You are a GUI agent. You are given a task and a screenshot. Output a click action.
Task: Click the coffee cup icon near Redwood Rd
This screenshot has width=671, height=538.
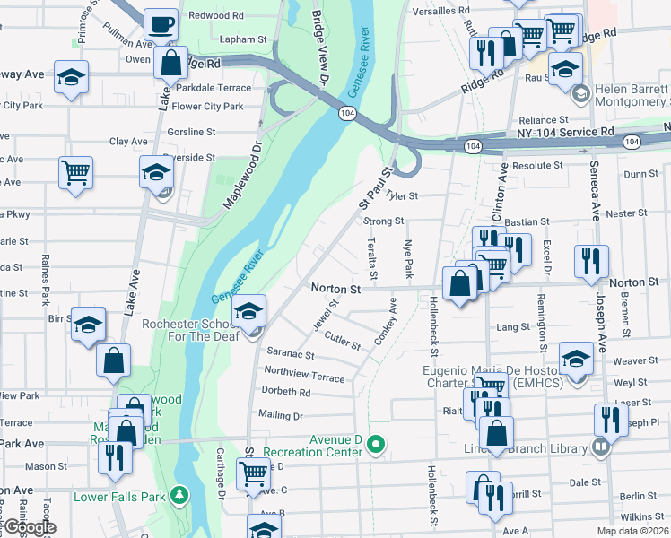pyautogui.click(x=160, y=25)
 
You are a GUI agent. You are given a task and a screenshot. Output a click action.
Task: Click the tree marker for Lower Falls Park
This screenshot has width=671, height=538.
pyautogui.click(x=180, y=494)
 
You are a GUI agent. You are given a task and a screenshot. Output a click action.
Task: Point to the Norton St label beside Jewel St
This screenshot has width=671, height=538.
pyautogui.click(x=335, y=289)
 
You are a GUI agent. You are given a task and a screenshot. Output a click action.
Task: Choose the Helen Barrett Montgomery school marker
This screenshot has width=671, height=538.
pyautogui.click(x=580, y=92)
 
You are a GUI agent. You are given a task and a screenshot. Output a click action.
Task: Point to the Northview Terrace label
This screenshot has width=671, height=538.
pyautogui.click(x=304, y=374)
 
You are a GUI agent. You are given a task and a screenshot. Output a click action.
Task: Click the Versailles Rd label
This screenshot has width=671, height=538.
pyautogui.click(x=440, y=12)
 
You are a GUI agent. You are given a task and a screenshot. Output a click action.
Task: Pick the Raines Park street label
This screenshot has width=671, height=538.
pyautogui.click(x=44, y=273)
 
